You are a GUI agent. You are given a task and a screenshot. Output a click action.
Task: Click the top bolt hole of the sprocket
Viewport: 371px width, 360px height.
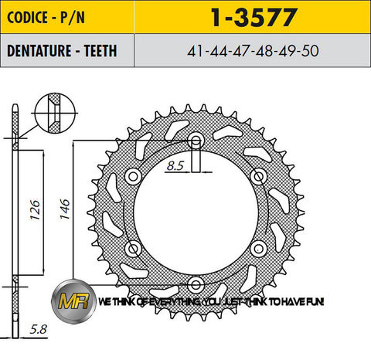pos(196,141)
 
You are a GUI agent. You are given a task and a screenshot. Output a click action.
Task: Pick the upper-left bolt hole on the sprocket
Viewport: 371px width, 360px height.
pos(134,177)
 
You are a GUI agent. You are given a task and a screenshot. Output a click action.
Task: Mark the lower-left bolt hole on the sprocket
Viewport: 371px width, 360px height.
pos(134,247)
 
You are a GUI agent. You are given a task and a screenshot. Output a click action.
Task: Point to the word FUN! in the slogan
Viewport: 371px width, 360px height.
pos(313,302)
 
